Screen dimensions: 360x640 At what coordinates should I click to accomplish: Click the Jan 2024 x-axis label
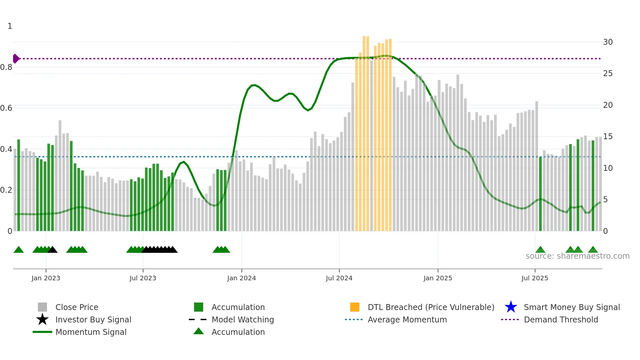pyautogui.click(x=241, y=278)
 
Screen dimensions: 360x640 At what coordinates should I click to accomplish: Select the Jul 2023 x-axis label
pyautogui.click(x=143, y=278)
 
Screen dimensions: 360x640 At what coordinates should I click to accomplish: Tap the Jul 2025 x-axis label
pyautogui.click(x=535, y=278)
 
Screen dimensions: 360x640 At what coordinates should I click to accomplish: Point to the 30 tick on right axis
pyautogui.click(x=608, y=42)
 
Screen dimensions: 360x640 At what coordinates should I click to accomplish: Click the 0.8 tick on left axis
pyautogui.click(x=6, y=67)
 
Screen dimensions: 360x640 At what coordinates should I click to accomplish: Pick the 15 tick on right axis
pyautogui.click(x=608, y=137)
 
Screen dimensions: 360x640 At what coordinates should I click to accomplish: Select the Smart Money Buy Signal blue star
pyautogui.click(x=511, y=307)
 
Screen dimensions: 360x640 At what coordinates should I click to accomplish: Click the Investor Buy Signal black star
pyautogui.click(x=42, y=319)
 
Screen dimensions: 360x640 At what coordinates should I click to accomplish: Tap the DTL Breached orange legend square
pyautogui.click(x=355, y=307)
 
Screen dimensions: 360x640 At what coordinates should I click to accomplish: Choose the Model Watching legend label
pyautogui.click(x=243, y=319)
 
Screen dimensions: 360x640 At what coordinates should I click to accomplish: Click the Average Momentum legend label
pyautogui.click(x=407, y=319)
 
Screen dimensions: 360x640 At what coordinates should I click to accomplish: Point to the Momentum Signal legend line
pyautogui.click(x=42, y=332)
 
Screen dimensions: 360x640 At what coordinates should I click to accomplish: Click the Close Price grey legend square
pyautogui.click(x=42, y=307)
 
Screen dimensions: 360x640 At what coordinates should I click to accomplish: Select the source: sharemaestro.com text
pyautogui.click(x=577, y=256)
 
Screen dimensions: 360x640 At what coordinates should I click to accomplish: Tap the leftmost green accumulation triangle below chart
pyautogui.click(x=19, y=250)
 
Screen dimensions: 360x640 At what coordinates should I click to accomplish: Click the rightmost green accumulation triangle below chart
pyautogui.click(x=593, y=250)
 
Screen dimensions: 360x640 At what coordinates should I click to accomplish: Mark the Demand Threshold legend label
pyautogui.click(x=561, y=319)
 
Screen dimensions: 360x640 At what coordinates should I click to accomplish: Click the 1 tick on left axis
pyautogui.click(x=10, y=26)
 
